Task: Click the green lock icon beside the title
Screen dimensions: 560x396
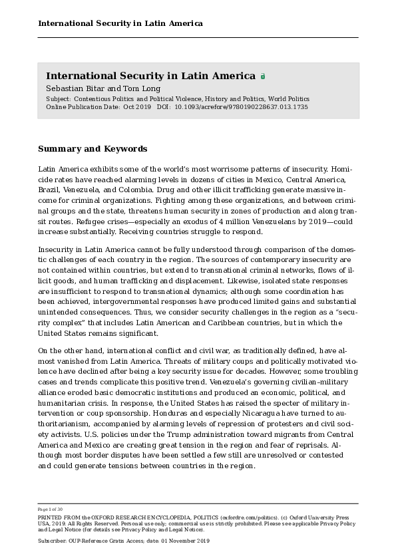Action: (x=263, y=76)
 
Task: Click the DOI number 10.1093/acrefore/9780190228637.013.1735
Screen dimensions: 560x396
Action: (x=241, y=106)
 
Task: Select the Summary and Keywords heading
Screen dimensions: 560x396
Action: (x=93, y=148)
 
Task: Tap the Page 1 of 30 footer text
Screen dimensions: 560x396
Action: (x=51, y=509)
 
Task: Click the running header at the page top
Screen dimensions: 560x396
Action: (x=120, y=23)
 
